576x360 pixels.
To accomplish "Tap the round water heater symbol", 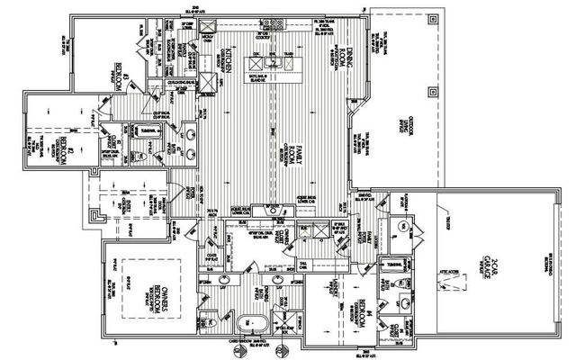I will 404,226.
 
